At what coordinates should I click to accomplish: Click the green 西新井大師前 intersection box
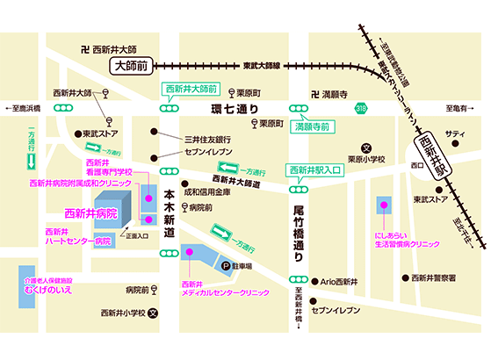(x=189, y=90)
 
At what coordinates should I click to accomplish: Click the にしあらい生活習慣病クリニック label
(x=400, y=240)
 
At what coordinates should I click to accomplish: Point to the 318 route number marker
(x=361, y=109)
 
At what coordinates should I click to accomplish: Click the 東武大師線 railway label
(x=263, y=65)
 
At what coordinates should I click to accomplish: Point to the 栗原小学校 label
(x=365, y=160)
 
